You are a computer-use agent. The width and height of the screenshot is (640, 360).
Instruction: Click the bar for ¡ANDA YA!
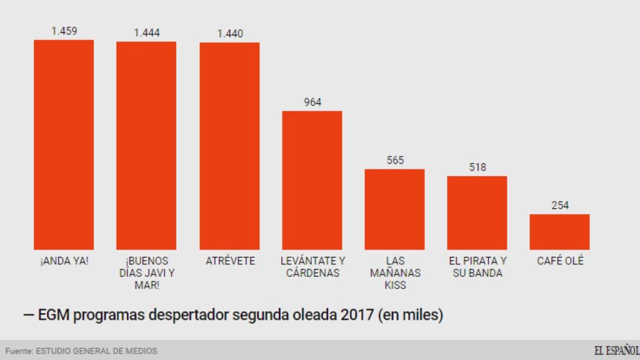pyautogui.click(x=64, y=144)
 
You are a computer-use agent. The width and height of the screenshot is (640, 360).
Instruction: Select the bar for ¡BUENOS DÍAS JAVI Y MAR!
pyautogui.click(x=146, y=146)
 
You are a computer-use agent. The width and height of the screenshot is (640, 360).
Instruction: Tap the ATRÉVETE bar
pyautogui.click(x=229, y=146)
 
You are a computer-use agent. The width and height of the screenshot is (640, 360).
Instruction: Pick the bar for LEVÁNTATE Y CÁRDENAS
pyautogui.click(x=312, y=180)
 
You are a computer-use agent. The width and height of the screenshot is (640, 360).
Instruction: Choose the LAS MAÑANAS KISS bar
pyautogui.click(x=394, y=209)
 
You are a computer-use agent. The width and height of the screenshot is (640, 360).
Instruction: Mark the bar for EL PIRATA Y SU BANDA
pyautogui.click(x=477, y=212)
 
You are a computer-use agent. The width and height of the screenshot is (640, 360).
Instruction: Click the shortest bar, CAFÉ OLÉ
pyautogui.click(x=559, y=232)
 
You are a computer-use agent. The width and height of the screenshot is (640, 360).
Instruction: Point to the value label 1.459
pyautogui.click(x=64, y=31)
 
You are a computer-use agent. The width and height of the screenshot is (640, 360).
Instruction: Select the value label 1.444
pyautogui.click(x=146, y=32)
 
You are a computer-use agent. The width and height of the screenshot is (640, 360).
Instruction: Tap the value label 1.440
pyautogui.click(x=229, y=34)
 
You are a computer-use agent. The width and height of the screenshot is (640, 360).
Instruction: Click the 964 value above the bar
pyautogui.click(x=312, y=102)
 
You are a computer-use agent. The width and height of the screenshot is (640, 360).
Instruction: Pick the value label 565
pyautogui.click(x=394, y=160)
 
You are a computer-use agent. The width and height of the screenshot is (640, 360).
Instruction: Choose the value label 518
pyautogui.click(x=477, y=167)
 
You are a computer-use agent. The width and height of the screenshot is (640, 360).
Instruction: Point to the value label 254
pyautogui.click(x=560, y=205)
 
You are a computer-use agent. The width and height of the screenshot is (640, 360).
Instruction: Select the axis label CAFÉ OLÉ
pyautogui.click(x=560, y=261)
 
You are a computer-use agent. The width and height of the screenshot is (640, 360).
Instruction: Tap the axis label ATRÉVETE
pyautogui.click(x=230, y=261)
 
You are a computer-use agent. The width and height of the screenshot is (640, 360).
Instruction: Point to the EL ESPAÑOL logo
pyautogui.click(x=616, y=350)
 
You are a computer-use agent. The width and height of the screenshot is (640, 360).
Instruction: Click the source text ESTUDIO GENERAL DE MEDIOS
pyautogui.click(x=96, y=351)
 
